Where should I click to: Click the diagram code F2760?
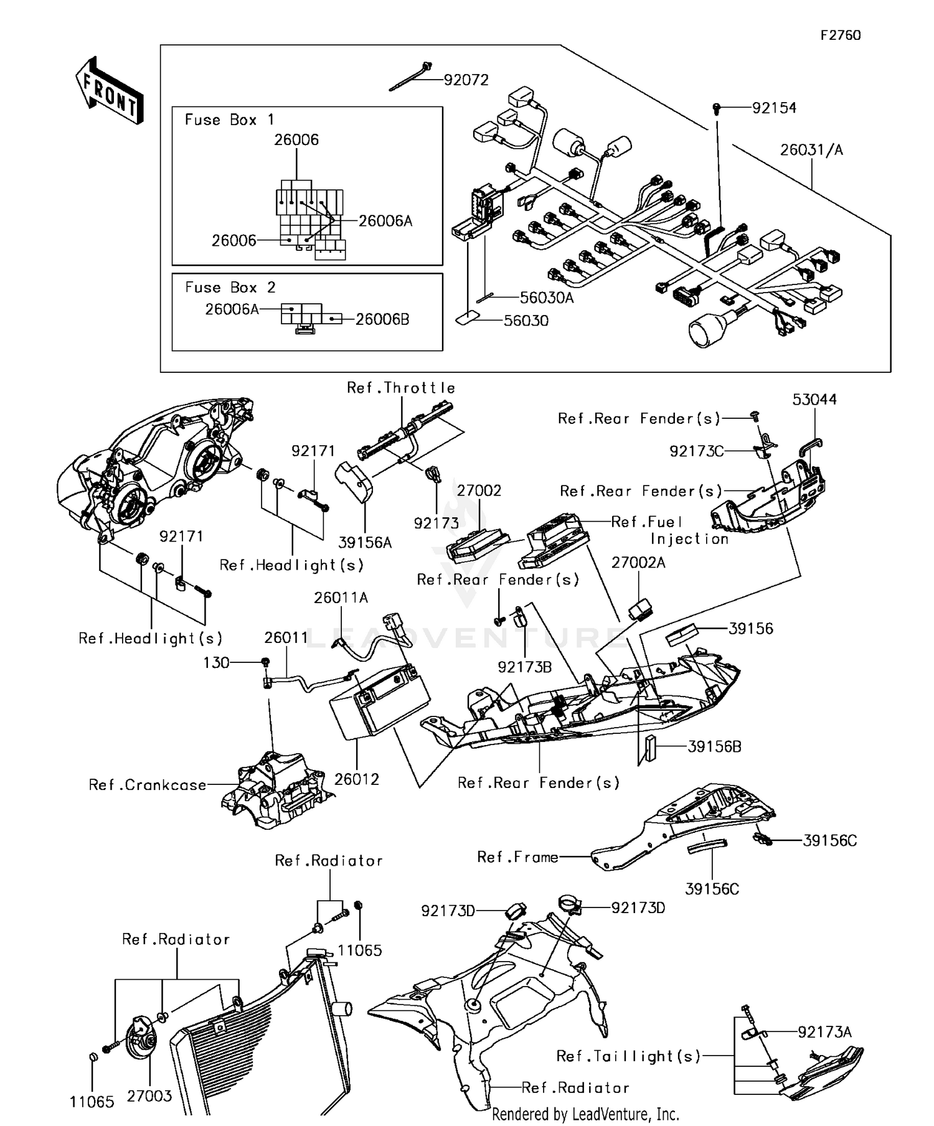[840, 35]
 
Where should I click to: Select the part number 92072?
[466, 80]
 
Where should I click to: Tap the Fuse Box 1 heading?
[229, 120]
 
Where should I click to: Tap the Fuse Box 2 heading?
[230, 288]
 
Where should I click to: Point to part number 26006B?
[382, 319]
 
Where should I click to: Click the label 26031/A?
[811, 150]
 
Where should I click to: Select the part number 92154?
[774, 108]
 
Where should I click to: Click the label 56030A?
[547, 298]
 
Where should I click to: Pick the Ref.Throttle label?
[401, 388]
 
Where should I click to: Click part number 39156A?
[365, 543]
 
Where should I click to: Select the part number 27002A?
[638, 563]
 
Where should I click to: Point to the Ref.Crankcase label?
[148, 785]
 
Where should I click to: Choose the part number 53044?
[814, 400]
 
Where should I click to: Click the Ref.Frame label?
[517, 857]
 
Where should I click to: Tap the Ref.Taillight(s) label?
[628, 1056]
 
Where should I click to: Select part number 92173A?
[824, 1032]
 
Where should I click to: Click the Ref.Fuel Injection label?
[669, 530]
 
